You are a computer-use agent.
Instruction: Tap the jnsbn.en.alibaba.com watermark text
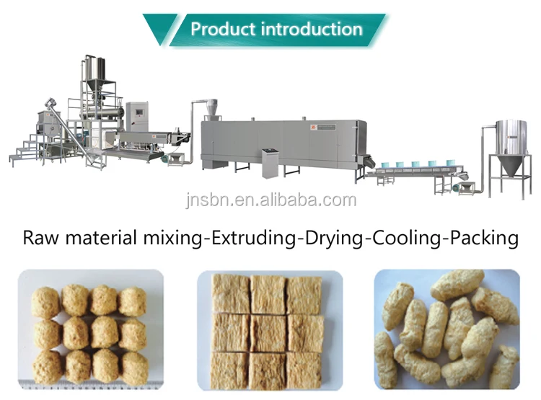(270, 200)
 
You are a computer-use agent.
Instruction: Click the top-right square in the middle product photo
(304, 295)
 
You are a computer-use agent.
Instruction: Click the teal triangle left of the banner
(160, 28)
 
